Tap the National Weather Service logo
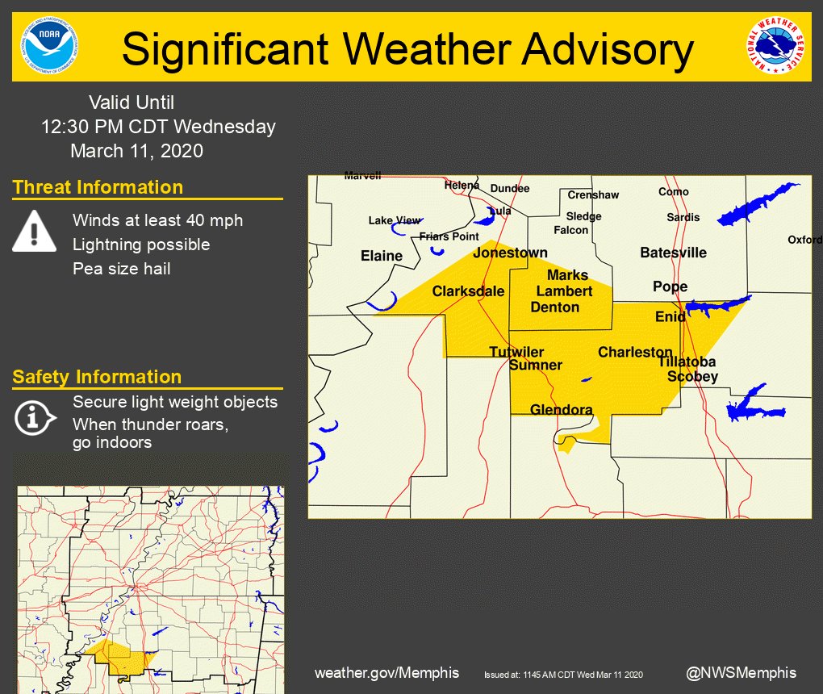[x=775, y=47]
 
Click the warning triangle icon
[x=34, y=232]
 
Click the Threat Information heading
[x=98, y=187]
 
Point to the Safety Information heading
[x=97, y=377]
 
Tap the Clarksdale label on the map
[x=469, y=291]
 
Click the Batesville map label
[x=673, y=253]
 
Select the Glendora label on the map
[x=561, y=410]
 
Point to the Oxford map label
[x=804, y=240]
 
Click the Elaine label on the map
[x=381, y=256]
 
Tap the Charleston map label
[x=635, y=352]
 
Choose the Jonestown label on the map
[x=510, y=253]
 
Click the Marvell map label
[x=362, y=175]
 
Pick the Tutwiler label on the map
[x=516, y=352]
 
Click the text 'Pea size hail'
[x=122, y=269]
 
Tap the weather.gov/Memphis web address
[x=386, y=673]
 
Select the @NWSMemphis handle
[x=741, y=672]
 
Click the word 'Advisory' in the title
[x=607, y=49]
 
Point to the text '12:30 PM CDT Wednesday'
[x=158, y=127]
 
